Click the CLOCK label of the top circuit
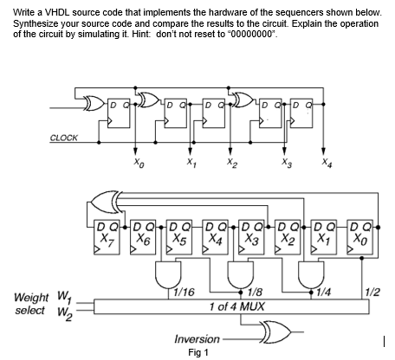tap(62, 137)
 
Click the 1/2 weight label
tap(373, 293)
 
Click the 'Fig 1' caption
tap(199, 353)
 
